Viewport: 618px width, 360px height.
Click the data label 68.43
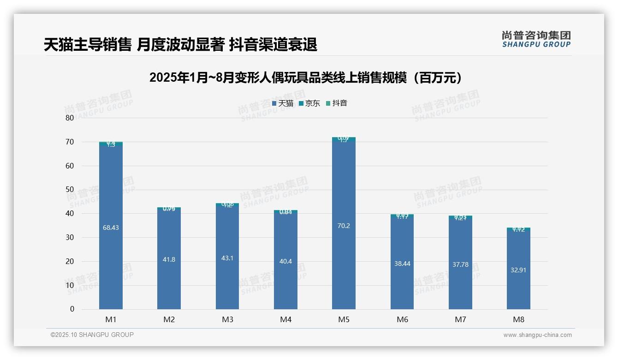pyautogui.click(x=111, y=228)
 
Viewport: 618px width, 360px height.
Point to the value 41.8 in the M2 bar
pyautogui.click(x=169, y=259)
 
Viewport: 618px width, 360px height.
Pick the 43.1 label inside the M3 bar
pyautogui.click(x=227, y=258)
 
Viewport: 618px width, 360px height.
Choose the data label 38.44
pyautogui.click(x=402, y=264)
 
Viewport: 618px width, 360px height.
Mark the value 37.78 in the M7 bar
pyautogui.click(x=460, y=264)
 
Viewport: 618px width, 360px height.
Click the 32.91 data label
pyautogui.click(x=518, y=270)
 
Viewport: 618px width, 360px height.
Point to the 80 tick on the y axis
pyautogui.click(x=70, y=118)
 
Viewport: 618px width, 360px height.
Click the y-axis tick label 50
pyautogui.click(x=70, y=190)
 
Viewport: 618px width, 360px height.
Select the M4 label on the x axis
pyautogui.click(x=285, y=319)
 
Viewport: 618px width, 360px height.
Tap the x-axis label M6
pyautogui.click(x=402, y=319)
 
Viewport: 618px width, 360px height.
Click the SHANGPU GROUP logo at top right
pyautogui.click(x=536, y=39)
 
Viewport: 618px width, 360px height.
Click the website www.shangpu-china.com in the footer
pyautogui.click(x=537, y=335)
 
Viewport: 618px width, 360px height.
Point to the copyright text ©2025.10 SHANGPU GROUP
pyautogui.click(x=92, y=335)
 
